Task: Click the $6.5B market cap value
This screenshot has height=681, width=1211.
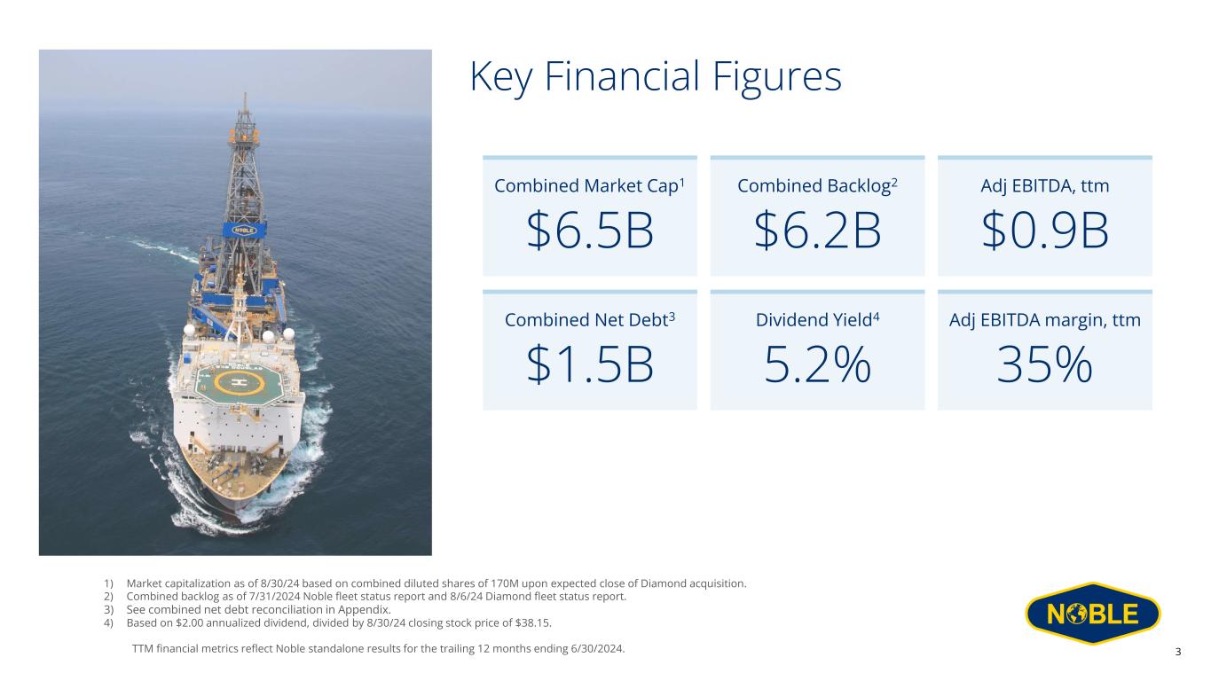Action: [x=590, y=231]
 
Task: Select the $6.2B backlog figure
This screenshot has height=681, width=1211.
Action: [x=817, y=231]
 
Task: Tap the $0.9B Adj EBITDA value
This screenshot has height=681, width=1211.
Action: [x=1045, y=231]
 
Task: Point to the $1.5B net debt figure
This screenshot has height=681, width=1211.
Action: [x=590, y=364]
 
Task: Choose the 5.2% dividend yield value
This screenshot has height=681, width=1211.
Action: [x=817, y=364]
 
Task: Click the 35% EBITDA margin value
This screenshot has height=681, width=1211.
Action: [x=1045, y=364]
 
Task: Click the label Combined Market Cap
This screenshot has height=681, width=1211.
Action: [x=586, y=186]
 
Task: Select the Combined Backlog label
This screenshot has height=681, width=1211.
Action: [x=814, y=186]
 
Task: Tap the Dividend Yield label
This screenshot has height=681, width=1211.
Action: [x=814, y=320]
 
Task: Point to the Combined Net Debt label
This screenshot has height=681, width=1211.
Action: [x=586, y=320]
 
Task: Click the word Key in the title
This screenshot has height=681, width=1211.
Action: [x=501, y=78]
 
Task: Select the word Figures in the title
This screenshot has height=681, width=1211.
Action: [x=777, y=78]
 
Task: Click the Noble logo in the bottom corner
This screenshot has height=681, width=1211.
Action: [x=1093, y=614]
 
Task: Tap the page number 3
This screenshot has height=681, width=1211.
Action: [x=1178, y=652]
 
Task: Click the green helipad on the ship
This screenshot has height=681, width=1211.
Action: [x=238, y=383]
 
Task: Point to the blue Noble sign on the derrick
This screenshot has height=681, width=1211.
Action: [x=244, y=230]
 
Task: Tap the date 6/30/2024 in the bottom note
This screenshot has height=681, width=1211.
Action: [x=596, y=648]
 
